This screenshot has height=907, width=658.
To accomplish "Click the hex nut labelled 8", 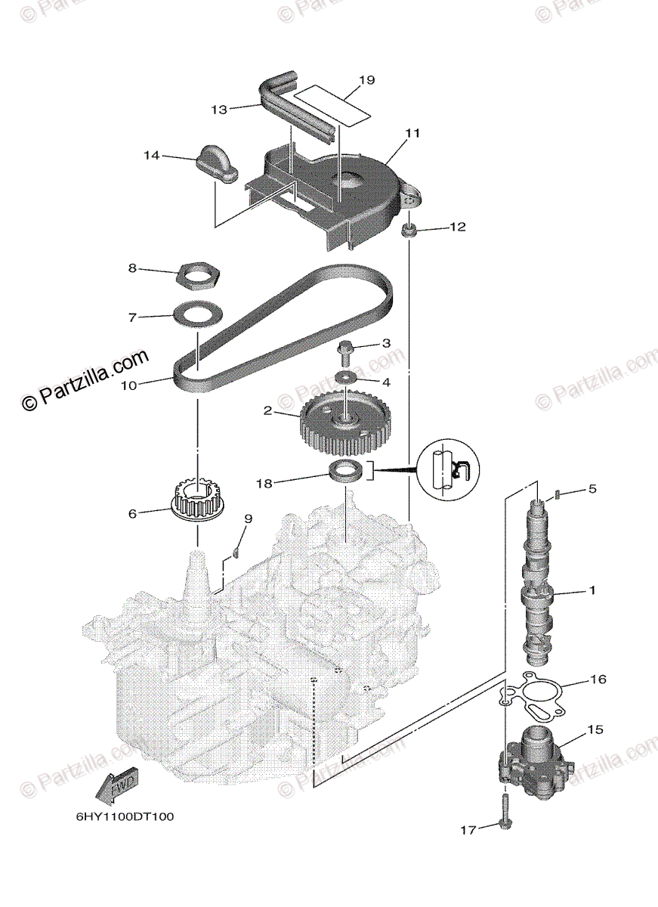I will pyautogui.click(x=198, y=275).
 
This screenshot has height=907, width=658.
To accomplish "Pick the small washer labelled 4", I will pyautogui.click(x=346, y=377).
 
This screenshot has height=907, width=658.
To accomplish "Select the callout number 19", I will pyautogui.click(x=366, y=80).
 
